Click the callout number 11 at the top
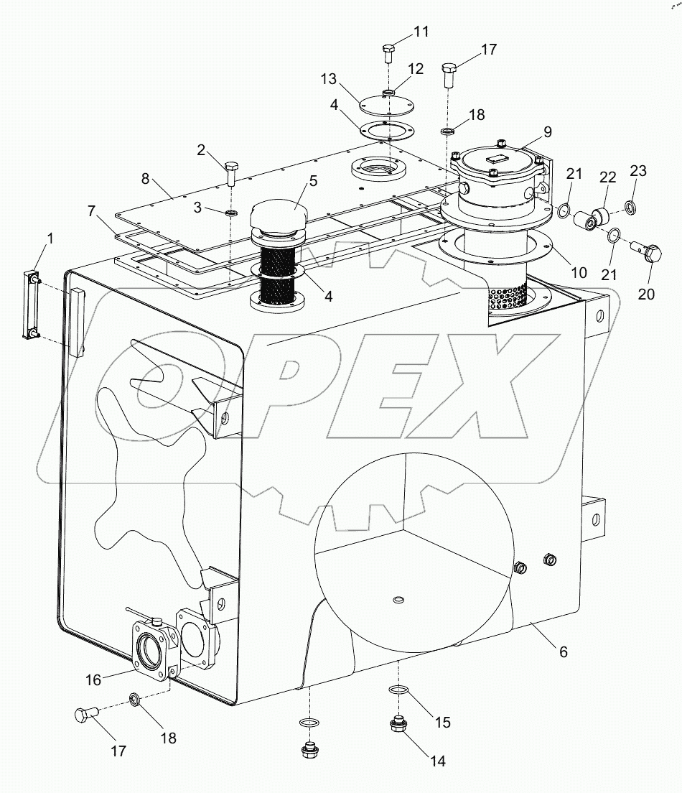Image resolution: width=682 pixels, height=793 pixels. pos(421,32)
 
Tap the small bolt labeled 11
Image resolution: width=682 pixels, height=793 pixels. pos(388,52)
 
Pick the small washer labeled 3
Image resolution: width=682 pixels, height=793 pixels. pos(231,213)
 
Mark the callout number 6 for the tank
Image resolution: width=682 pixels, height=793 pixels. pos(564,651)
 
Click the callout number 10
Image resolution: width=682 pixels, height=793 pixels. pos(579,273)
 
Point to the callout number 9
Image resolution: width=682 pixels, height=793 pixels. pos(547,132)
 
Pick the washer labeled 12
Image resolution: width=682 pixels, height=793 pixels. pos(388,93)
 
